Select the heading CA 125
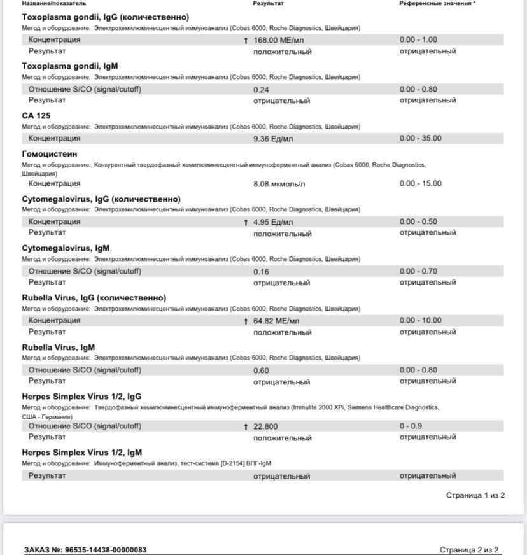(36, 116)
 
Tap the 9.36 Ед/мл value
(273, 139)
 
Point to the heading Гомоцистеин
(50, 154)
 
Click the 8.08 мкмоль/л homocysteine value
(279, 184)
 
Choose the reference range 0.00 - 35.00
(420, 138)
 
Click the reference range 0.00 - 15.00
(420, 183)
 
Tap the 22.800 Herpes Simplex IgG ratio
(265, 426)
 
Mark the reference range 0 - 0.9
(411, 426)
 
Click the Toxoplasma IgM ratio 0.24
(261, 90)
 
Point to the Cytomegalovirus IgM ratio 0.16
(261, 272)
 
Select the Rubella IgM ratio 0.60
(261, 370)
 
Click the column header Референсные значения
(437, 4)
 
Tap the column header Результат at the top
(268, 4)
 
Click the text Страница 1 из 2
(475, 495)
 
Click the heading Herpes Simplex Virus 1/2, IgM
(82, 453)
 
